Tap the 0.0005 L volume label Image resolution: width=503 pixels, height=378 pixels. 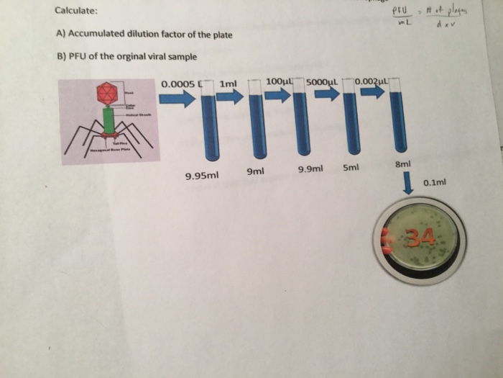pos(183,84)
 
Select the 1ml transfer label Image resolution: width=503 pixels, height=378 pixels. pos(228,84)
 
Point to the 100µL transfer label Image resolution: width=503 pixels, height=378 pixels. pos(280,81)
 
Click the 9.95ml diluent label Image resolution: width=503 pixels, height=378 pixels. pos(202,176)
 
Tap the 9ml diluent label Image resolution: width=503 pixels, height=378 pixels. pos(255,171)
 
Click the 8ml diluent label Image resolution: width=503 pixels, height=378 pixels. pos(402,165)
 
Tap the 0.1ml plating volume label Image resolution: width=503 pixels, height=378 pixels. pos(435,183)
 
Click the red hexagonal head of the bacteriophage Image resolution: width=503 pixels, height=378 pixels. pos(107,92)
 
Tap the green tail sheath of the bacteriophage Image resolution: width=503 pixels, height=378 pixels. pos(109,120)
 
